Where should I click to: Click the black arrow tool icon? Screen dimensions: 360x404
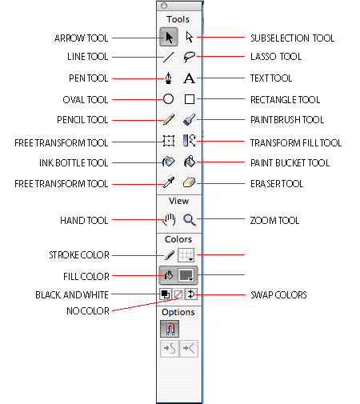click(x=169, y=37)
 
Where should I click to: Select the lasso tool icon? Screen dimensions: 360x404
click(x=189, y=57)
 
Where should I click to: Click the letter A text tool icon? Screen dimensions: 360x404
click(x=189, y=78)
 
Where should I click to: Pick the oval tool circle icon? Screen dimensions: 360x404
click(x=168, y=99)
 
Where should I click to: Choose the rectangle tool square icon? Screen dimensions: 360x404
click(x=190, y=99)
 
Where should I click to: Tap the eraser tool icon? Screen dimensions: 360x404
click(x=189, y=183)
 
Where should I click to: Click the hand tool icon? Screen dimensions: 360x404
click(x=170, y=220)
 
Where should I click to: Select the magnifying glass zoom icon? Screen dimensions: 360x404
click(x=190, y=220)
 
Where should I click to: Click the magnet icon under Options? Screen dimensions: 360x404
click(x=170, y=329)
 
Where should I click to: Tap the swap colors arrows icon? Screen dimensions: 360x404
click(x=191, y=294)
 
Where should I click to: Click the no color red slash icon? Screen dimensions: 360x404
click(x=178, y=294)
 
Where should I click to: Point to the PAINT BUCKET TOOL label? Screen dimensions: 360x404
click(x=290, y=163)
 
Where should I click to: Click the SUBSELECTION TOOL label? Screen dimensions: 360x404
click(x=292, y=38)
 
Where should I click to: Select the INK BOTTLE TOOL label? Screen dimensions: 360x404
click(x=74, y=163)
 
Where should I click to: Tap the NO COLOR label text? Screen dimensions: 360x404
click(x=88, y=311)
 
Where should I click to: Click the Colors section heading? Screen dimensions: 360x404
click(x=178, y=239)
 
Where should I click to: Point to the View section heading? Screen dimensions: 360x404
click(x=178, y=201)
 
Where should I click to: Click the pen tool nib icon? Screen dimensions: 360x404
click(x=168, y=78)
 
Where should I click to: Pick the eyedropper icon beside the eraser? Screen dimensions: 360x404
click(x=169, y=182)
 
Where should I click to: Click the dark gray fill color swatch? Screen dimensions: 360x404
click(x=186, y=275)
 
